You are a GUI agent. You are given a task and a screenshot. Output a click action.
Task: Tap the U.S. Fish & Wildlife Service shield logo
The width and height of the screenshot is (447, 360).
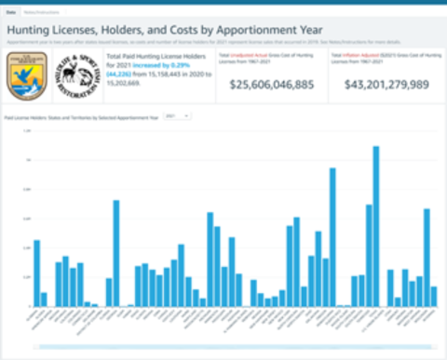click(22, 75)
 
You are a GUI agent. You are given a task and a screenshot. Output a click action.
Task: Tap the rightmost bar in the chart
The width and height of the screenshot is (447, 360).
click(434, 296)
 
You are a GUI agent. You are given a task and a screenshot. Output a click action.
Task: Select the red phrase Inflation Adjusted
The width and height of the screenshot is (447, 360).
click(358, 56)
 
